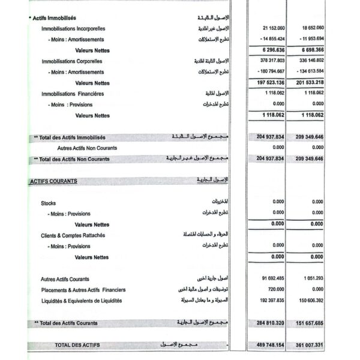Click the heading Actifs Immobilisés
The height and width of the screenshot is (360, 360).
[54, 18]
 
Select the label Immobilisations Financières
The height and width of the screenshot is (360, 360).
[73, 94]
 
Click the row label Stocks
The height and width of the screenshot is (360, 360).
[49, 203]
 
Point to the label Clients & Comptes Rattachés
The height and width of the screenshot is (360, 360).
[73, 235]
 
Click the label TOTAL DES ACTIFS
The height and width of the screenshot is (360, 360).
[77, 345]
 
